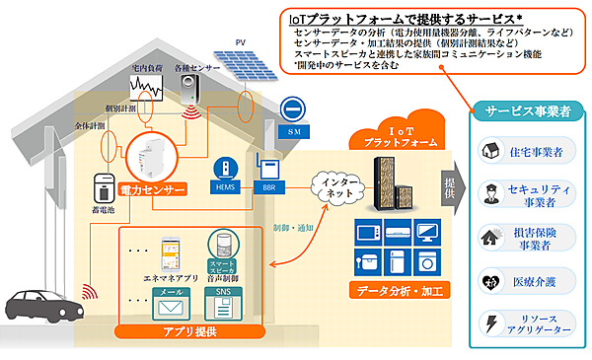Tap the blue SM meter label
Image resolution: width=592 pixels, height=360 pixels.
click(292, 130)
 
